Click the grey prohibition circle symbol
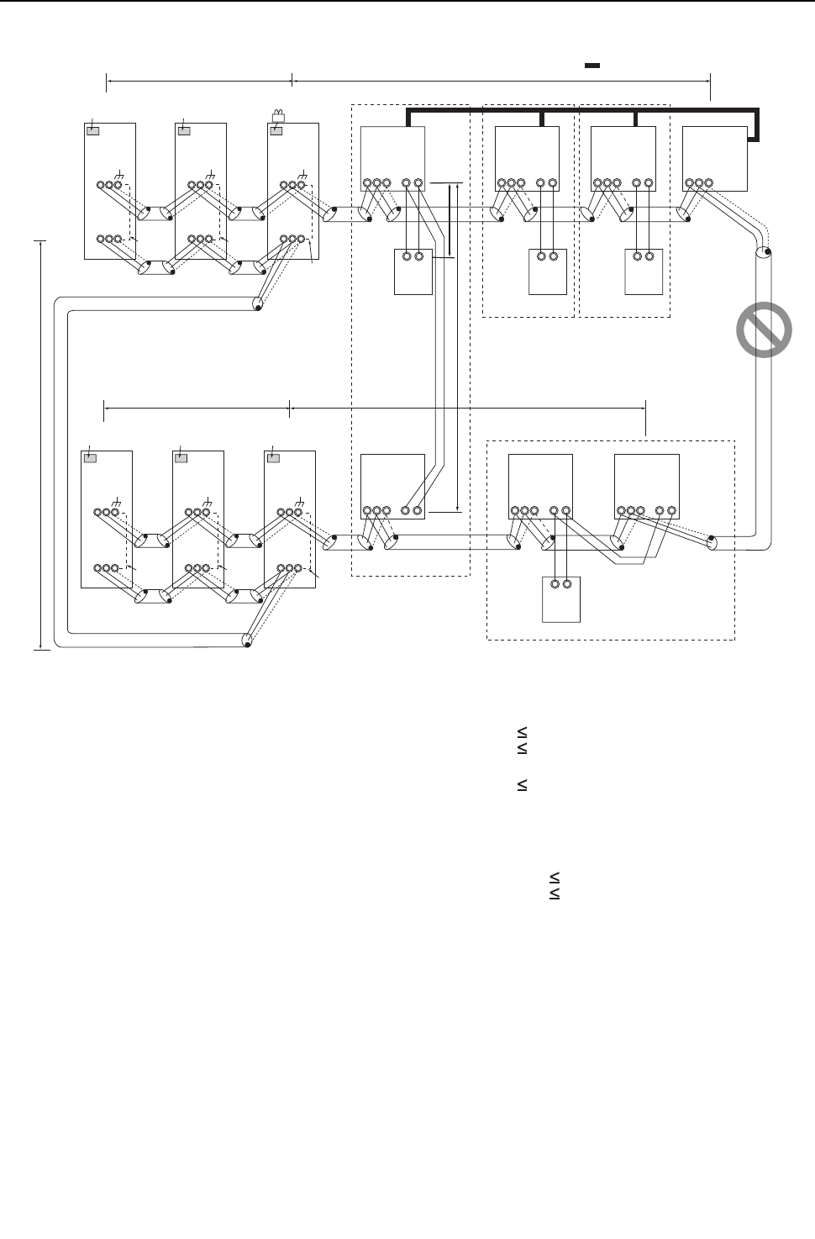[x=764, y=329]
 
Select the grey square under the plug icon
[x=276, y=130]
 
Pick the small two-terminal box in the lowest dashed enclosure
[x=561, y=599]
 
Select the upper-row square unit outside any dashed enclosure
[x=714, y=160]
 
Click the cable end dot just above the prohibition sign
[x=766, y=250]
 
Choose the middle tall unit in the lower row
[x=197, y=519]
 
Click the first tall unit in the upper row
[x=110, y=191]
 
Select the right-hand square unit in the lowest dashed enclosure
[x=646, y=487]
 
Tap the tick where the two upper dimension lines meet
[x=292, y=80]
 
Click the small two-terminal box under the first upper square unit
[x=413, y=272]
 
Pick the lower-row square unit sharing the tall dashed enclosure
[x=392, y=487]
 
